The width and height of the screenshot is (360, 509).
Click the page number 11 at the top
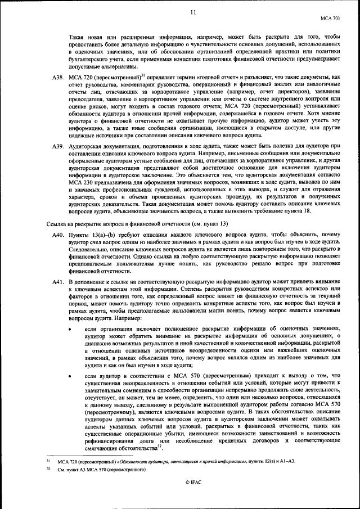(193, 12)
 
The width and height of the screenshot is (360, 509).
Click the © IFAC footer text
(193, 483)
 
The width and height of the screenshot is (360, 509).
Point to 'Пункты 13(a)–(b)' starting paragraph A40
(91, 233)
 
